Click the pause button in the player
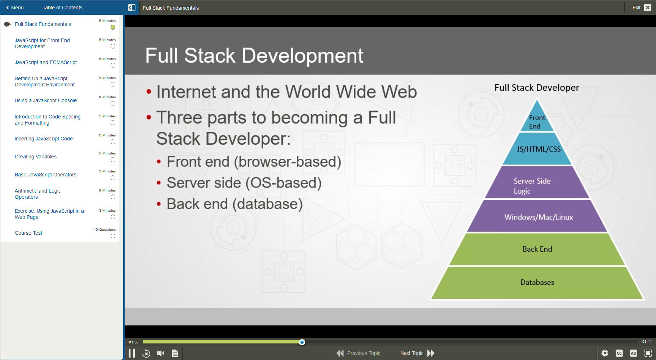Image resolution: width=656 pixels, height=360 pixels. tap(132, 353)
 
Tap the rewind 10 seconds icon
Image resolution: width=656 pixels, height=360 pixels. tap(146, 353)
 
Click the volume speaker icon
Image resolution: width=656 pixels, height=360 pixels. tap(161, 353)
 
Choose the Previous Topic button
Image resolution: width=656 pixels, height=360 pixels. tap(358, 353)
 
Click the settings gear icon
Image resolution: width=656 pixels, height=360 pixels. tap(605, 353)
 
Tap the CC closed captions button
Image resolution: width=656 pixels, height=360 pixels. tap(619, 353)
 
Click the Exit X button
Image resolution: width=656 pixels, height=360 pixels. tap(648, 8)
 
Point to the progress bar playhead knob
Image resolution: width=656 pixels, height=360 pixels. tap(302, 342)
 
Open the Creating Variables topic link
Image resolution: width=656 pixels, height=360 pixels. tap(36, 157)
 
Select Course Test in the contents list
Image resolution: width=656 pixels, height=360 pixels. tap(28, 233)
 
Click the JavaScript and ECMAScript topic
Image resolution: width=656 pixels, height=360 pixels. tap(46, 62)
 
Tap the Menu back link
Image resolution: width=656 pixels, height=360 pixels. tap(15, 8)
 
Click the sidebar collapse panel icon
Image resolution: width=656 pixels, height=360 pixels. tap(132, 8)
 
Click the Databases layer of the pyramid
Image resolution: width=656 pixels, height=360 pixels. tap(537, 283)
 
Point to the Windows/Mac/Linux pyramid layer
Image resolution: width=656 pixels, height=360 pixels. tap(538, 217)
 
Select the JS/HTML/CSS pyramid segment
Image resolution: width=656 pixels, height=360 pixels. tap(538, 149)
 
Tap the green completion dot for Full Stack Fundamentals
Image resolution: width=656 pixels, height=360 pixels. tap(113, 27)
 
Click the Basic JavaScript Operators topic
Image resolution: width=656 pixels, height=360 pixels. tap(45, 175)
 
